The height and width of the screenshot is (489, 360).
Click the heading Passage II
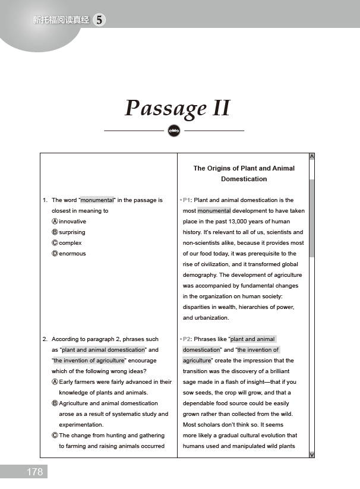click(177, 109)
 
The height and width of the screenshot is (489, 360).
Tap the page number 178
click(34, 472)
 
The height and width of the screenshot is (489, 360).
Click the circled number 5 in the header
click(99, 20)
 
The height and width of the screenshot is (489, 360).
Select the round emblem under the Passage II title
click(174, 130)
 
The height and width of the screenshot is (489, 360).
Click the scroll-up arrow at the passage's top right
click(312, 157)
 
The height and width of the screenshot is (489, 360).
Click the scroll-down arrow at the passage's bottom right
click(312, 455)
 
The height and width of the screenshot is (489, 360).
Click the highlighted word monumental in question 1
click(97, 200)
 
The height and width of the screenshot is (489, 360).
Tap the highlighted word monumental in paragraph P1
click(214, 211)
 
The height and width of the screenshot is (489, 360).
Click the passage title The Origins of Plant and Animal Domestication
click(244, 173)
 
